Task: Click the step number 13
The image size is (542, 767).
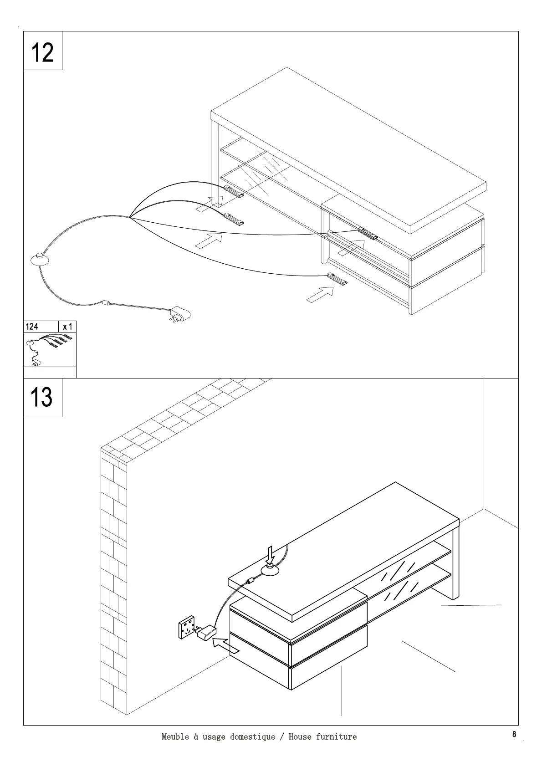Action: [x=41, y=397]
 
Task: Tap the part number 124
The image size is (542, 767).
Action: [x=32, y=327]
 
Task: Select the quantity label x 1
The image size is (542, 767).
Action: [x=67, y=327]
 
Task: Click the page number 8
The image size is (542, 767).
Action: [x=514, y=734]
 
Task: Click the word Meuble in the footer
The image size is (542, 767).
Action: [x=175, y=736]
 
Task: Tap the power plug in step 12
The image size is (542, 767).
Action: [x=179, y=314]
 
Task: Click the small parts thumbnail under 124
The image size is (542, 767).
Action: [x=49, y=349]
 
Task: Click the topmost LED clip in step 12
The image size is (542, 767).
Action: [x=234, y=191]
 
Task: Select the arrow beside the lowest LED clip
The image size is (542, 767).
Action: [x=320, y=294]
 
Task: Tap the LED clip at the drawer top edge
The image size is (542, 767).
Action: [x=368, y=233]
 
